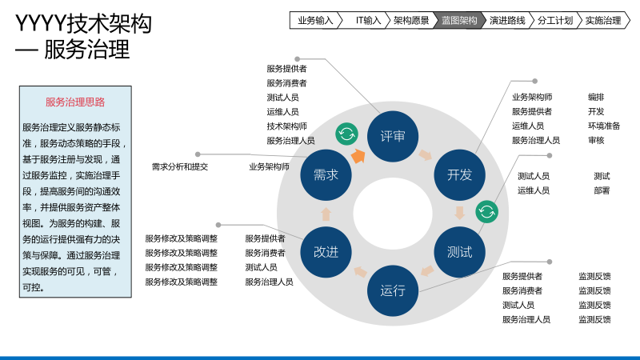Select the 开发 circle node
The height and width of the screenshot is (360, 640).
(459, 175)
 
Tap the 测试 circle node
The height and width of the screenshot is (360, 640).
(459, 252)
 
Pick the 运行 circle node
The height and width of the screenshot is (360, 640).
(393, 290)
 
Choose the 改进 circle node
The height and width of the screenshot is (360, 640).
(326, 252)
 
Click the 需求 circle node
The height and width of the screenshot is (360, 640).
(326, 175)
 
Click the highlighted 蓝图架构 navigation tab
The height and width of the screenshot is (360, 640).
(459, 21)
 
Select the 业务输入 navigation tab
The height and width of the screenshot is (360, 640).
(315, 21)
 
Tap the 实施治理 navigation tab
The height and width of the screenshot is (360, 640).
(603, 21)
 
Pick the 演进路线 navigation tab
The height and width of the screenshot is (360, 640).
(507, 21)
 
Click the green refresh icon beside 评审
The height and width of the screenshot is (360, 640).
(346, 133)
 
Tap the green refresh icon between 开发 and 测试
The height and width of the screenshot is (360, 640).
(486, 212)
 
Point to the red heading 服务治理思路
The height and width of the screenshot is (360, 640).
(75, 102)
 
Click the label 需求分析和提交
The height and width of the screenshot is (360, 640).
(180, 167)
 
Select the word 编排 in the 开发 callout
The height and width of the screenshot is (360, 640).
(596, 97)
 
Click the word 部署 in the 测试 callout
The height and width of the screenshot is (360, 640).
(602, 190)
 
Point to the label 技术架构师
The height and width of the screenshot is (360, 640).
(286, 126)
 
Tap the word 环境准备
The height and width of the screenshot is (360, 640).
(604, 126)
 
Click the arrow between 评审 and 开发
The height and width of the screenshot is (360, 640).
(426, 154)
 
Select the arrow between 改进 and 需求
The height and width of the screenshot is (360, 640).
(326, 214)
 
